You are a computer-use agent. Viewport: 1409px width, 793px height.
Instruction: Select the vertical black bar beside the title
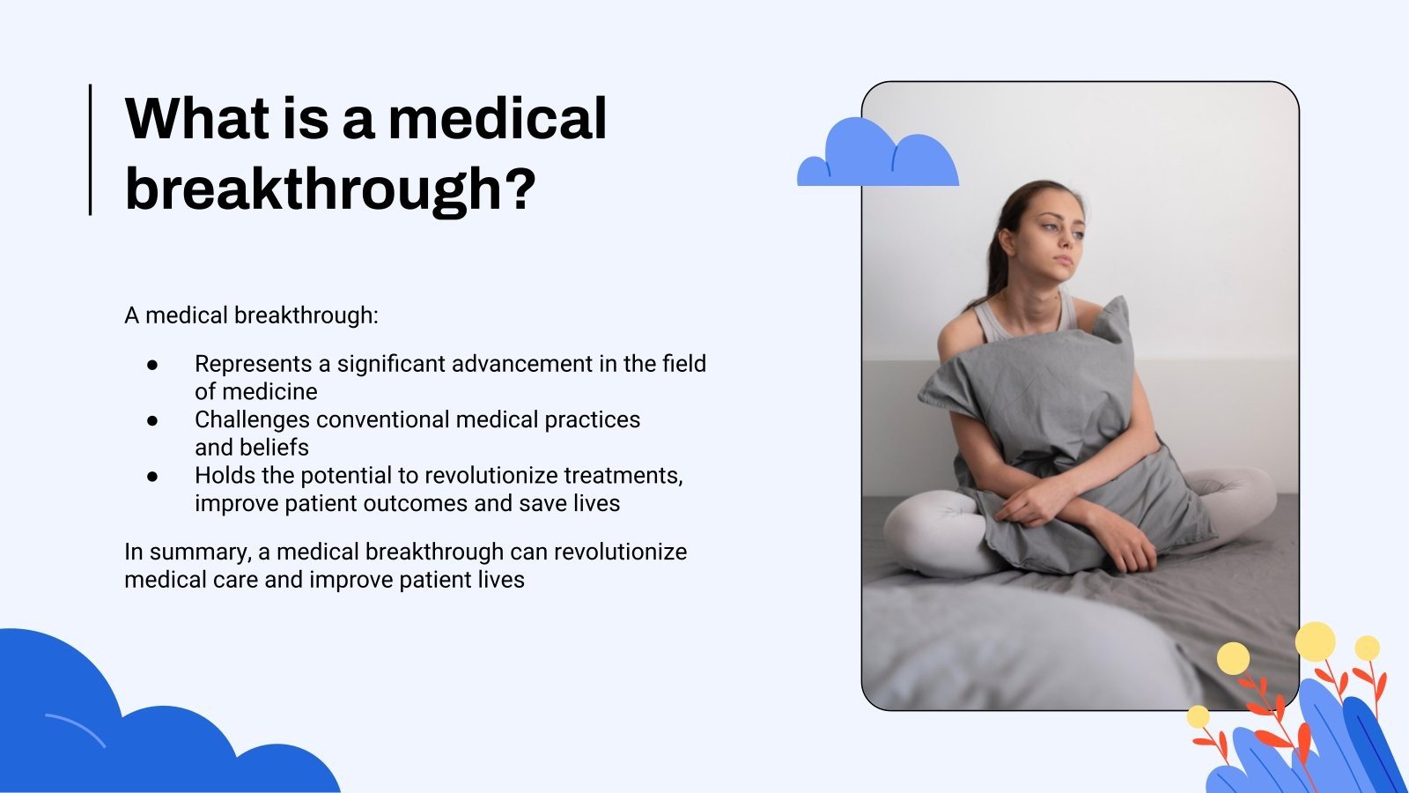click(x=91, y=149)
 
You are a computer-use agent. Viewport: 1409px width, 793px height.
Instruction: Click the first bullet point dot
click(x=152, y=364)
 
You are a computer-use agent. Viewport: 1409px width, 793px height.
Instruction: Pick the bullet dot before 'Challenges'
click(x=152, y=420)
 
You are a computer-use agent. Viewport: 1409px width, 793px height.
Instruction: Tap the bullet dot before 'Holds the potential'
click(x=152, y=476)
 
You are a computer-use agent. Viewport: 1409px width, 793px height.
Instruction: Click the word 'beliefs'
click(x=274, y=448)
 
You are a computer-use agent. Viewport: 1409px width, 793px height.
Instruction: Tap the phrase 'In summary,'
click(x=188, y=552)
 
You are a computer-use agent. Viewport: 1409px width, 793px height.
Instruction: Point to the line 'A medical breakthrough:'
click(x=251, y=315)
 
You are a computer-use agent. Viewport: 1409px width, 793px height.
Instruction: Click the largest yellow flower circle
click(x=1315, y=641)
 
